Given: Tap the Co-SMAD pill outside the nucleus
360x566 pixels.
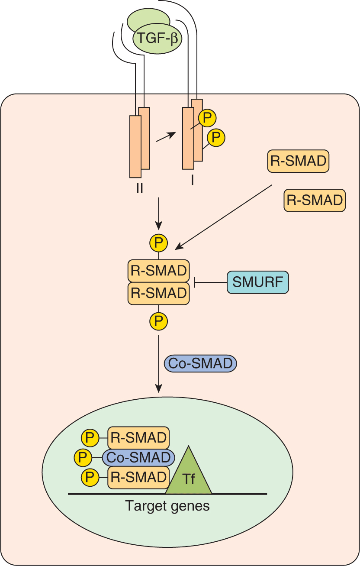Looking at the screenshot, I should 200,363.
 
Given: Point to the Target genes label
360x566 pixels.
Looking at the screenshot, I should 167,505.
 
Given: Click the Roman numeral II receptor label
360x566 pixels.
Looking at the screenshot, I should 139,189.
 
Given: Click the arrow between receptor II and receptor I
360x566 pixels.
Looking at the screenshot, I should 166,136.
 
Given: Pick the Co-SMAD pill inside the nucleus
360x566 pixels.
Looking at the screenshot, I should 138,457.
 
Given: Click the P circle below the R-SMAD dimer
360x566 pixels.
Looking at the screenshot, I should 158,321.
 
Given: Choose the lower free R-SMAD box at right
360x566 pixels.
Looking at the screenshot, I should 315,200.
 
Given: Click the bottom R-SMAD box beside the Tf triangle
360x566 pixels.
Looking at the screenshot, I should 138,477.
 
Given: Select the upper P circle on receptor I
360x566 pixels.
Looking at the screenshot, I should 207,117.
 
